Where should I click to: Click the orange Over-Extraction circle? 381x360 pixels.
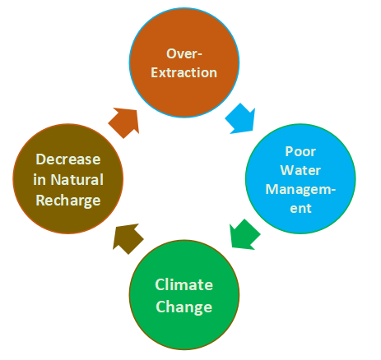tap(184, 62)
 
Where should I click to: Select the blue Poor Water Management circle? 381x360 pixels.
tap(300, 178)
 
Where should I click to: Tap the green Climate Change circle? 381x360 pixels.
tap(184, 295)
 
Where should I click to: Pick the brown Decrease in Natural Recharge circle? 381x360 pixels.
tap(68, 178)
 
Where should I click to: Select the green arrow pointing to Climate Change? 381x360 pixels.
tap(244, 235)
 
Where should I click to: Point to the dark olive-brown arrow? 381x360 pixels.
tap(128, 238)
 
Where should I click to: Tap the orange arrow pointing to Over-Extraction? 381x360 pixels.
tap(124, 122)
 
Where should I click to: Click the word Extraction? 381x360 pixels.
tap(184, 72)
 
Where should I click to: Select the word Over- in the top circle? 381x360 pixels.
tap(184, 53)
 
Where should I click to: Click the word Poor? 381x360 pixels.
tap(300, 151)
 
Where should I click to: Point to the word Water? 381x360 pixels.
tap(300, 170)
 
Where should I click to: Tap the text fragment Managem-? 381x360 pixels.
tap(300, 189)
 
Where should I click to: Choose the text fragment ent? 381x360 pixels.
tap(300, 209)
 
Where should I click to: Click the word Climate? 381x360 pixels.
tap(184, 284)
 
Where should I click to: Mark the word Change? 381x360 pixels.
tap(184, 307)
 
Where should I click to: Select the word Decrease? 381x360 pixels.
tap(68, 159)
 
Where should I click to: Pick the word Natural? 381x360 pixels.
tap(77, 180)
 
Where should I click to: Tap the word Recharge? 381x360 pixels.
tap(68, 201)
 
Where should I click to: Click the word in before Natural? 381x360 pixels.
tap(39, 180)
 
